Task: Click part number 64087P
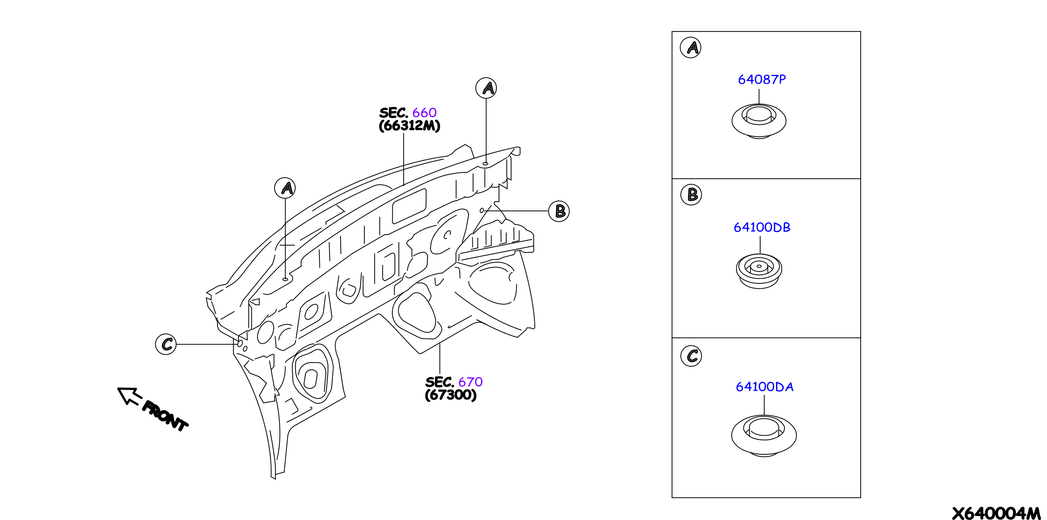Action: click(x=762, y=79)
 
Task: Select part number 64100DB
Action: click(x=762, y=227)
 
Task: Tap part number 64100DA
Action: click(x=764, y=386)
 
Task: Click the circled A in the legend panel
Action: click(x=690, y=48)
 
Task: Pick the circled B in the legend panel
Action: click(x=691, y=194)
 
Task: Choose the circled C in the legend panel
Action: click(x=691, y=356)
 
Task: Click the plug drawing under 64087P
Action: click(x=759, y=121)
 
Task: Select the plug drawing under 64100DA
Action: click(x=764, y=436)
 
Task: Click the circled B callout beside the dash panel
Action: click(x=559, y=211)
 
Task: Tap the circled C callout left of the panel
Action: click(x=166, y=344)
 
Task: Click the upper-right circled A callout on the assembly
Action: click(x=486, y=88)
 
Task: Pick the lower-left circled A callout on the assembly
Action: click(x=285, y=188)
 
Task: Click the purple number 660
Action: click(x=424, y=112)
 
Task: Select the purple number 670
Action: click(x=470, y=382)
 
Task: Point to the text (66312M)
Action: click(x=409, y=125)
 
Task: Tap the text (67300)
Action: click(x=450, y=395)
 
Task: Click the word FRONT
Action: click(x=164, y=416)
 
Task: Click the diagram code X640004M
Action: click(x=996, y=513)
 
